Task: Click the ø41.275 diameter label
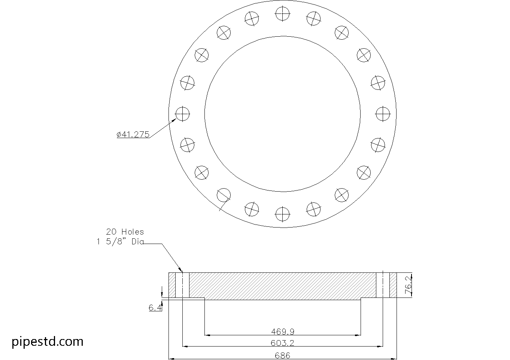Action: tap(133, 134)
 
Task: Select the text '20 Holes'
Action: tap(125, 232)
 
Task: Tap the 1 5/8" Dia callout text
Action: tap(120, 242)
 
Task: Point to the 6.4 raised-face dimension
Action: tap(155, 308)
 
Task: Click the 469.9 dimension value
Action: tap(282, 332)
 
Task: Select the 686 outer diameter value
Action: tap(282, 356)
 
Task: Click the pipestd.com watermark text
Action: tap(48, 341)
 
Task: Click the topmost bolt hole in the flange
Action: tap(283, 14)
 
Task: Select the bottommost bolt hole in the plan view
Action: tap(283, 214)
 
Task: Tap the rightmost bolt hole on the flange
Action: tap(383, 114)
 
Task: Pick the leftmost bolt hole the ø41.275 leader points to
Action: tap(182, 114)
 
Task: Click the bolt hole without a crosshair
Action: tap(224, 195)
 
